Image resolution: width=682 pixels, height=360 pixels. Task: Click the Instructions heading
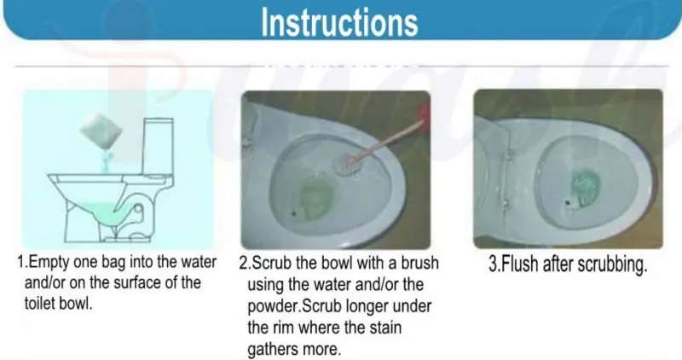tap(339, 23)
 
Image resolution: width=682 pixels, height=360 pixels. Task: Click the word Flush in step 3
tap(519, 263)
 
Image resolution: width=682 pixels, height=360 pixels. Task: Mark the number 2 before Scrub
tap(244, 263)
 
